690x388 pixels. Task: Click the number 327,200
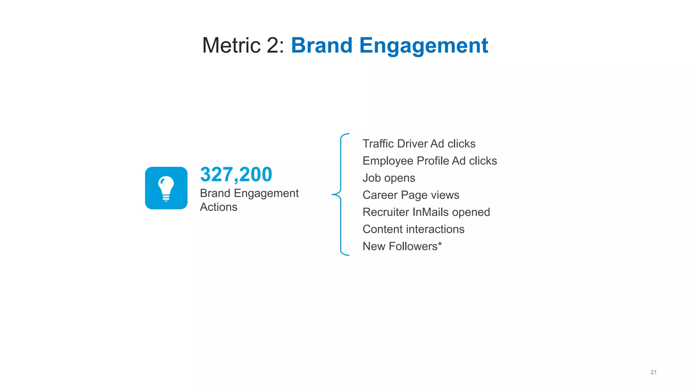[x=236, y=174]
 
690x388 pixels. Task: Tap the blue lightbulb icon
[x=166, y=188]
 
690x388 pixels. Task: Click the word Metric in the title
[x=231, y=45]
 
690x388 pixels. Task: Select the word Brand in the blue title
[x=322, y=45]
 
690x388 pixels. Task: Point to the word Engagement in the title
[x=424, y=46]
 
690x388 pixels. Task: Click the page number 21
[x=653, y=372]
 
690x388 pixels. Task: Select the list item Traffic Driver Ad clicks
[x=419, y=144]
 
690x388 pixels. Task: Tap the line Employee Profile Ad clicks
[x=430, y=161]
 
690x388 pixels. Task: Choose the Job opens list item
[x=389, y=178]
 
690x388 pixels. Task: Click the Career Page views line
[x=411, y=195]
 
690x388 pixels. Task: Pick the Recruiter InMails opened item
[x=426, y=212]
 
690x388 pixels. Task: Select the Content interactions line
[x=413, y=229]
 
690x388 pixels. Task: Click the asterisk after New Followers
[x=440, y=244]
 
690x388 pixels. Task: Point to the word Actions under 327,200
[x=219, y=207]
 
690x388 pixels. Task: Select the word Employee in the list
[x=388, y=161]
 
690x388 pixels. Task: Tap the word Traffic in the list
[x=378, y=144]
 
